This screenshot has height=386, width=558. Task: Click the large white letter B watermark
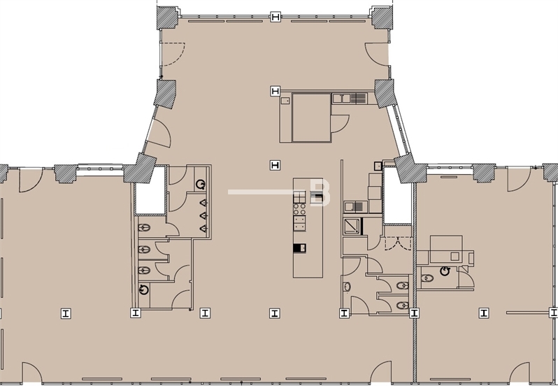pos(320,193)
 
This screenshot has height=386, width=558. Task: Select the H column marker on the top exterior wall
pos(276,17)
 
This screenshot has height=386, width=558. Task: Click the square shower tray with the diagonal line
pos(351,225)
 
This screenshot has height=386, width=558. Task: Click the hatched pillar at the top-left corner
pos(167,16)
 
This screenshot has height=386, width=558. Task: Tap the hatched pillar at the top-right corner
pos(381,17)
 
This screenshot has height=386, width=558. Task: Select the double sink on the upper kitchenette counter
pos(359,99)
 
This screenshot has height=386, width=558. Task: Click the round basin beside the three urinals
pos(201,184)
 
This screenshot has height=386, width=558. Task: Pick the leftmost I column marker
pos(65,313)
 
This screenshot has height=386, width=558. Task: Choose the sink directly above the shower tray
pos(355,206)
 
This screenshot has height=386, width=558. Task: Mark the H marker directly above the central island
pos(276,165)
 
